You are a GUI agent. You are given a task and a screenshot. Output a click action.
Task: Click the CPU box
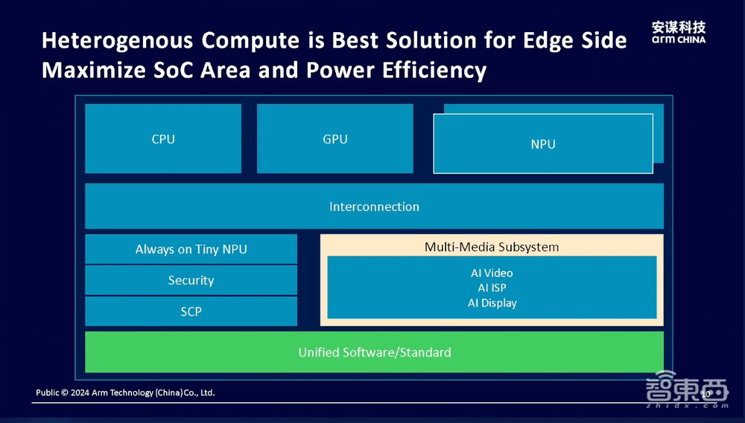pos(163,139)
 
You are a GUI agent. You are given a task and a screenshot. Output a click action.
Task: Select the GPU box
pos(335,139)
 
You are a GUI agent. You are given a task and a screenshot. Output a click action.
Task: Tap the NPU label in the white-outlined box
pos(543,144)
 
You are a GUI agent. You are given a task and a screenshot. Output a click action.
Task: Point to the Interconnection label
pos(375,206)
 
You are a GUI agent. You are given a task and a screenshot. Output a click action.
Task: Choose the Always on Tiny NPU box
pos(191,249)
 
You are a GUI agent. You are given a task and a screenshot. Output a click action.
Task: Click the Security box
pos(191,280)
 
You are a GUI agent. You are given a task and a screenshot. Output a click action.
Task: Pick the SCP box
pos(191,311)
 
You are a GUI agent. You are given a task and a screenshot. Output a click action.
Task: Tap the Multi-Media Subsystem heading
pos(492,247)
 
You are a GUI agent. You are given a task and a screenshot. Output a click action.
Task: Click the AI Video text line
pos(492,273)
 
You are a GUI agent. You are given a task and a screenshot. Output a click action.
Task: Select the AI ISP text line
pos(492,287)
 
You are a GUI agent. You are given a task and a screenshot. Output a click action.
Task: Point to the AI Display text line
pos(492,303)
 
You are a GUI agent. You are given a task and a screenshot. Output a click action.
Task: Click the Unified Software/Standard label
pos(375,352)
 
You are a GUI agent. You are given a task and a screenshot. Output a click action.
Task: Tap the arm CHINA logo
pos(679,33)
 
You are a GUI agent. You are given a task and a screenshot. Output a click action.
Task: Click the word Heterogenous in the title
pos(118,41)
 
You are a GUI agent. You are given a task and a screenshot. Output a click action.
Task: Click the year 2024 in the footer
pos(80,392)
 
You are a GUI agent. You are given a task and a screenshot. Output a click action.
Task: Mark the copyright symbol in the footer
pos(65,392)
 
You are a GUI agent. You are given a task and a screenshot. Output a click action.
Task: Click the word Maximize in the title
pos(94,70)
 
